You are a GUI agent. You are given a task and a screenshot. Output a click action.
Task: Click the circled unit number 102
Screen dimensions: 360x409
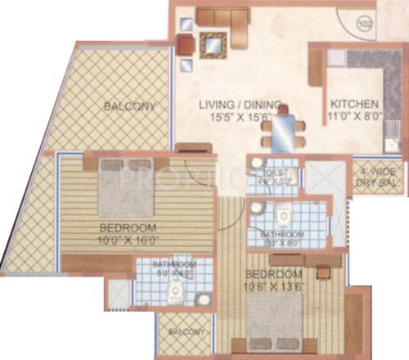pos(365,24)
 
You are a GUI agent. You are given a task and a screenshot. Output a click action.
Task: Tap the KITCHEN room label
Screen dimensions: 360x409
pos(353,105)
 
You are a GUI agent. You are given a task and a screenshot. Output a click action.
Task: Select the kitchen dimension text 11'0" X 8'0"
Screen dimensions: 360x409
pos(353,117)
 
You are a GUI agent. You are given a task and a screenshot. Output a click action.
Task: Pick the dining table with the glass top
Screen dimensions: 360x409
pos(285,128)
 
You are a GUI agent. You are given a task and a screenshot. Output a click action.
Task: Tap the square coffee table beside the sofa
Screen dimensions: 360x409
pos(212,44)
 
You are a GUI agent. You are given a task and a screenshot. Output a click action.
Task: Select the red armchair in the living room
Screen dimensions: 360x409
pos(187,47)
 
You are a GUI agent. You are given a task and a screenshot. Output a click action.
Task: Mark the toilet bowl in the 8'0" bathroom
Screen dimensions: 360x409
pos(285,218)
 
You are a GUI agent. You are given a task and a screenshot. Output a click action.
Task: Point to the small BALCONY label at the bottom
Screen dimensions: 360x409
pos(182,331)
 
